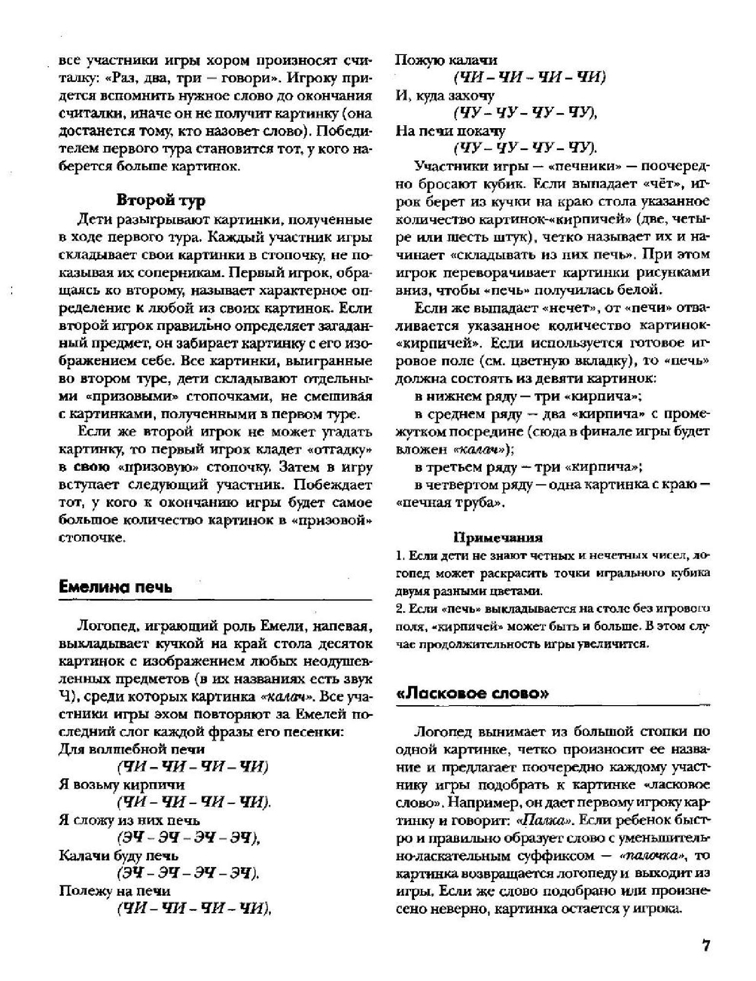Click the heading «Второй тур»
point(161,200)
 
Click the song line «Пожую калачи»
point(446,60)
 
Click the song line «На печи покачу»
point(451,131)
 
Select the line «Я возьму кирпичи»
point(122,785)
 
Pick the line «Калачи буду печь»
point(119,855)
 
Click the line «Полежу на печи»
point(115,891)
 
